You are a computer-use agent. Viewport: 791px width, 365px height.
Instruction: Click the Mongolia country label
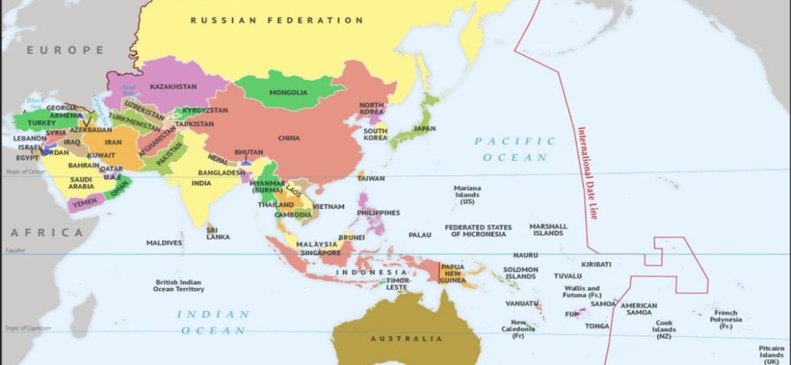pos(288,93)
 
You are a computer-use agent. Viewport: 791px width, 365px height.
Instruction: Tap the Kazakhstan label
pos(173,87)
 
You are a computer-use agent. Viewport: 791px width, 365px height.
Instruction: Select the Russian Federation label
pos(277,20)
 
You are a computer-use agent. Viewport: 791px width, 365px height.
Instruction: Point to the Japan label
pos(425,128)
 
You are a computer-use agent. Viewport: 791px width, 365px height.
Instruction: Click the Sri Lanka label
pos(218,233)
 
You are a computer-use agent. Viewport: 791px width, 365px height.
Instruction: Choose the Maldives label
pos(164,243)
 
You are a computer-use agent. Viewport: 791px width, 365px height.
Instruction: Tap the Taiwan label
pos(370,178)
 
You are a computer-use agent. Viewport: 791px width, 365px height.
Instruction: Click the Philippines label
pos(378,213)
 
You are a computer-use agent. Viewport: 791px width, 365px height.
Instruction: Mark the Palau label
pos(419,235)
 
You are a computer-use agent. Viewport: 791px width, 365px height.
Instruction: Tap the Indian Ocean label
pos(213,322)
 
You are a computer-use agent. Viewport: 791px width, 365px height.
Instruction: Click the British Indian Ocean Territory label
pos(178,286)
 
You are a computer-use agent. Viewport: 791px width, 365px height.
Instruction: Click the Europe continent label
pos(66,50)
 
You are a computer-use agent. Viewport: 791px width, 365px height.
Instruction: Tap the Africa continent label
pos(47,233)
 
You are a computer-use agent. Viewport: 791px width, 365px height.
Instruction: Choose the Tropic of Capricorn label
pos(27,328)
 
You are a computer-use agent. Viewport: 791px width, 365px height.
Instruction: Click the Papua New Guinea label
pos(452,274)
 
